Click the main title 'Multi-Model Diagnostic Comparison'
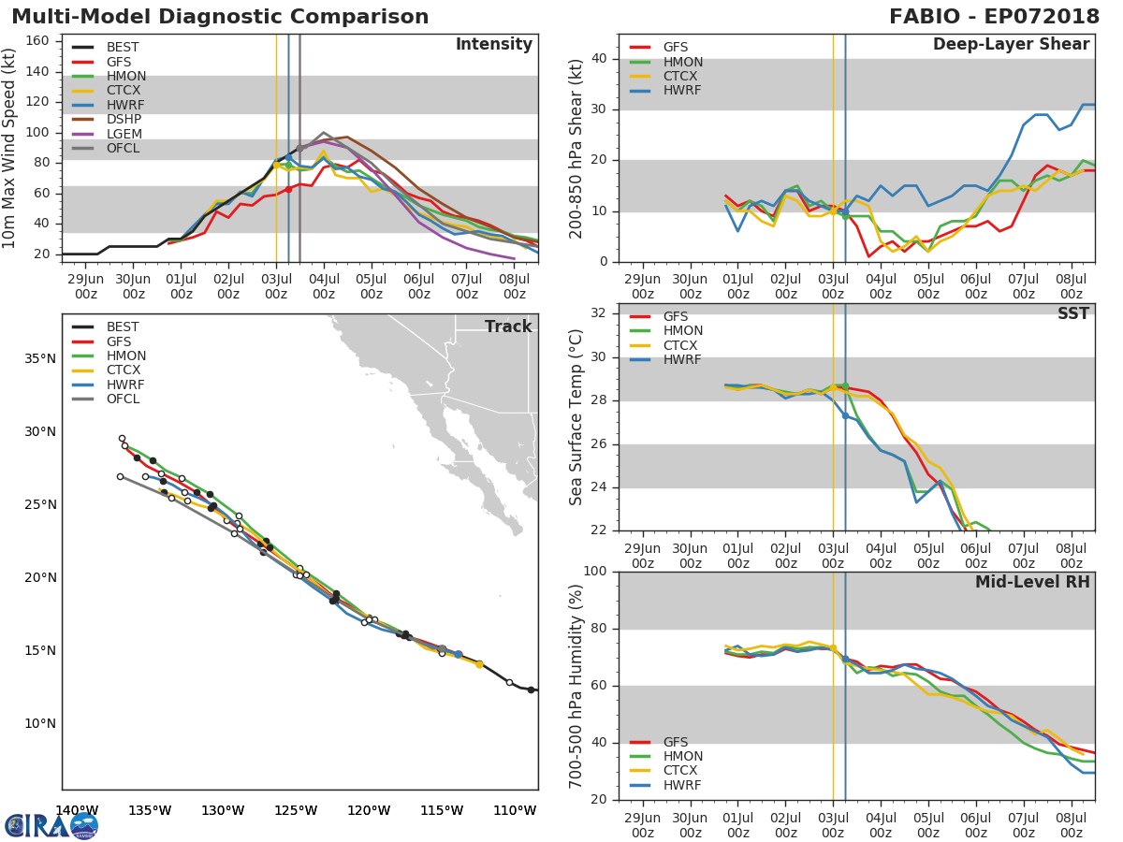coord(220,17)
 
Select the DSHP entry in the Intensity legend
coord(124,120)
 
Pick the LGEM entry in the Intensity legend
coord(124,134)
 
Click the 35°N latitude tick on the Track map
coord(38,358)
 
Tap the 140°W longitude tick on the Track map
coord(77,810)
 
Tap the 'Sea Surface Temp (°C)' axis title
coord(576,417)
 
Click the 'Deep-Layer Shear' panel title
coord(1011,45)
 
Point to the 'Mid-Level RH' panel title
coord(1032,582)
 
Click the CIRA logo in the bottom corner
coord(51,825)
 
